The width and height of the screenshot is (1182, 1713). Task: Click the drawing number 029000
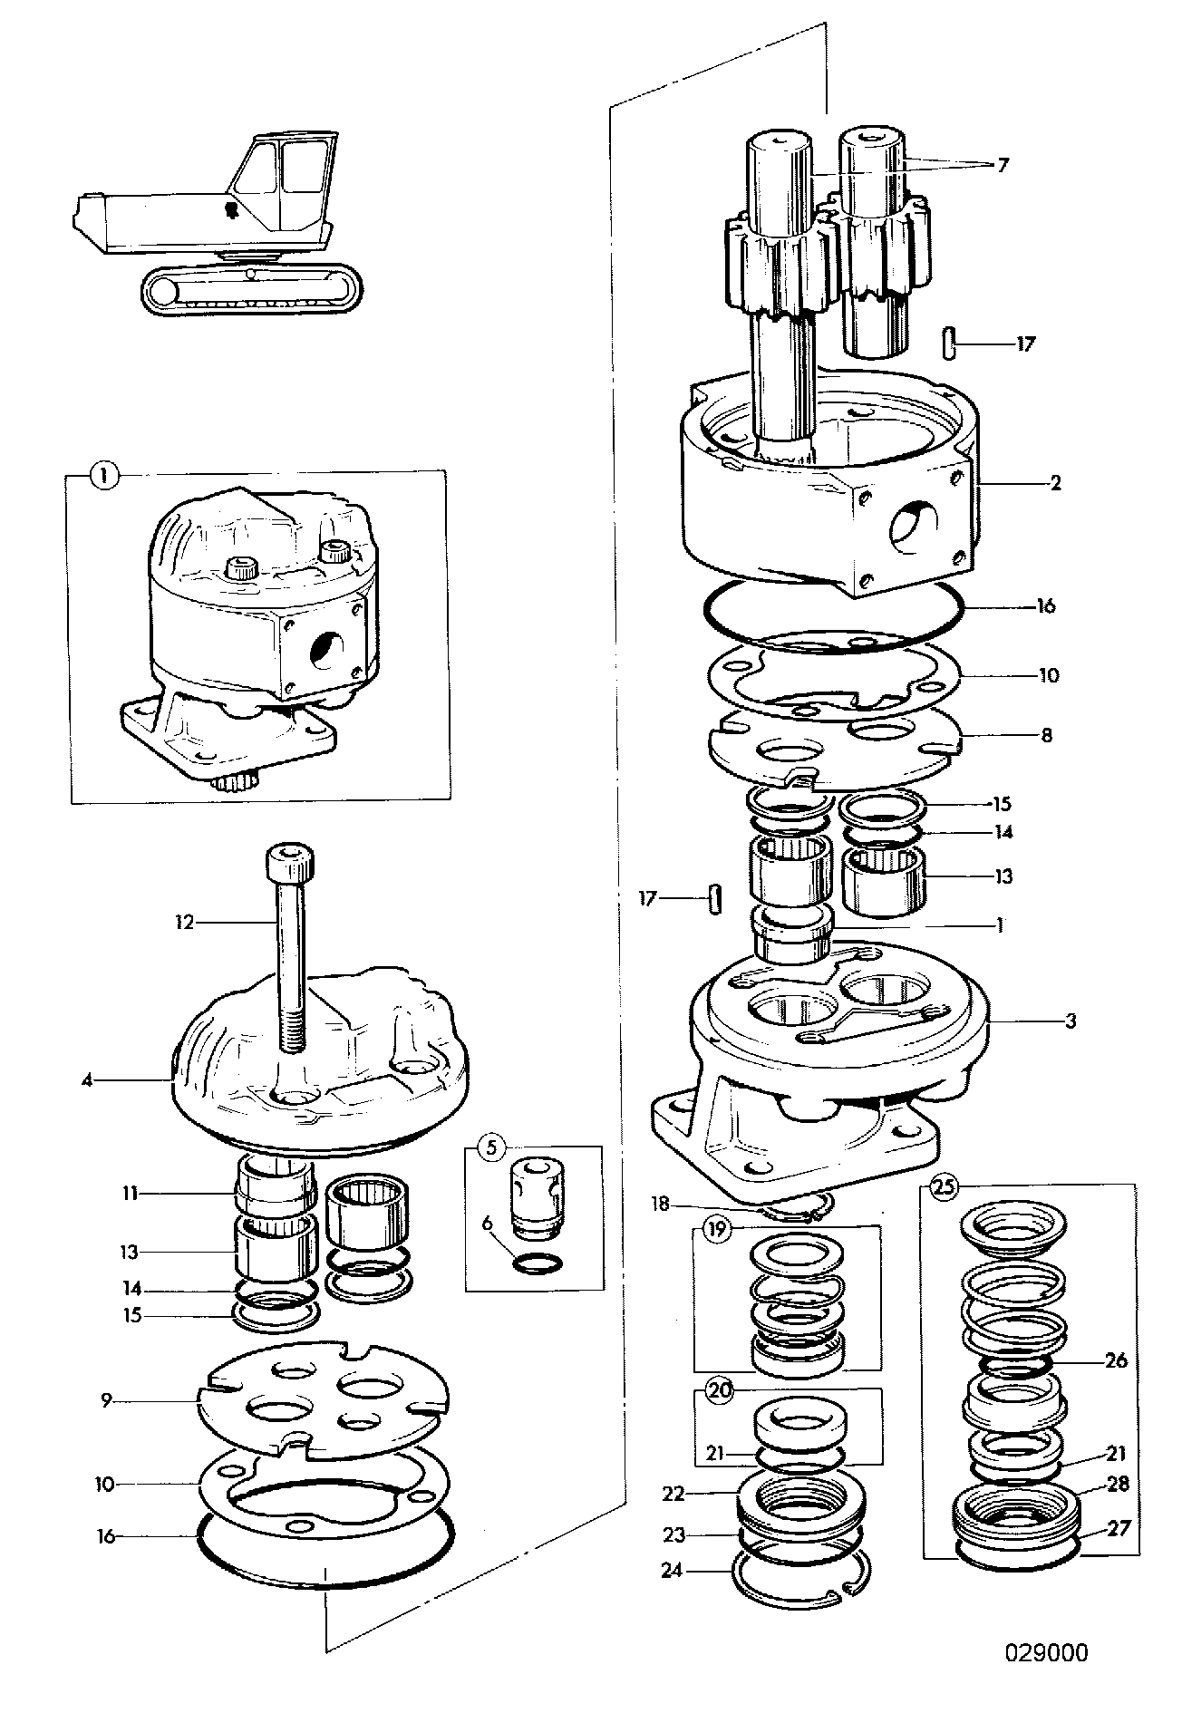point(1046,1652)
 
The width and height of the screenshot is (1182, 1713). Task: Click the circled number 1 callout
point(106,475)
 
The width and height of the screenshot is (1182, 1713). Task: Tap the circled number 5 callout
point(491,1147)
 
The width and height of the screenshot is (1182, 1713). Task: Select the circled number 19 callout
point(718,1229)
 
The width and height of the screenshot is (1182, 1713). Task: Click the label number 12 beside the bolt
point(185,923)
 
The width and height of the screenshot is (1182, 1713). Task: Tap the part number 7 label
point(1003,165)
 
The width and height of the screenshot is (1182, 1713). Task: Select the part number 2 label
point(1055,482)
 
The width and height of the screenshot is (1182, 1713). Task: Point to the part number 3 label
point(1071,1021)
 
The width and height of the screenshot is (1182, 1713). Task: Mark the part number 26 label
point(1116,1360)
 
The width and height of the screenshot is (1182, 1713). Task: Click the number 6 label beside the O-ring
point(487,1224)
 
